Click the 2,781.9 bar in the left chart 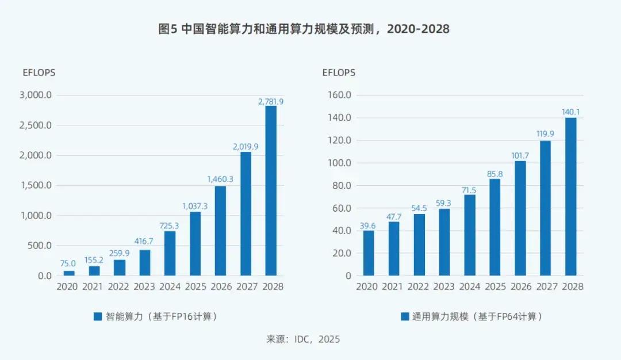[271, 190]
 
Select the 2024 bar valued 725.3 [170, 253]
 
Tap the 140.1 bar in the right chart [571, 196]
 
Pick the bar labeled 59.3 [444, 242]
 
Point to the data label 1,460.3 [220, 179]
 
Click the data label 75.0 [68, 263]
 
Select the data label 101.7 [520, 155]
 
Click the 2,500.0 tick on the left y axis [36, 125]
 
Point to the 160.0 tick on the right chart [339, 95]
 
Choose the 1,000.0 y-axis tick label [36, 216]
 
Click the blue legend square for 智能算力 [97, 316]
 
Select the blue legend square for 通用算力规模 [405, 316]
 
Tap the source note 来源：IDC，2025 [303, 339]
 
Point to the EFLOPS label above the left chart [39, 72]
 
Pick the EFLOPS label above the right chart [339, 72]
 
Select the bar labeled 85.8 [495, 227]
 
